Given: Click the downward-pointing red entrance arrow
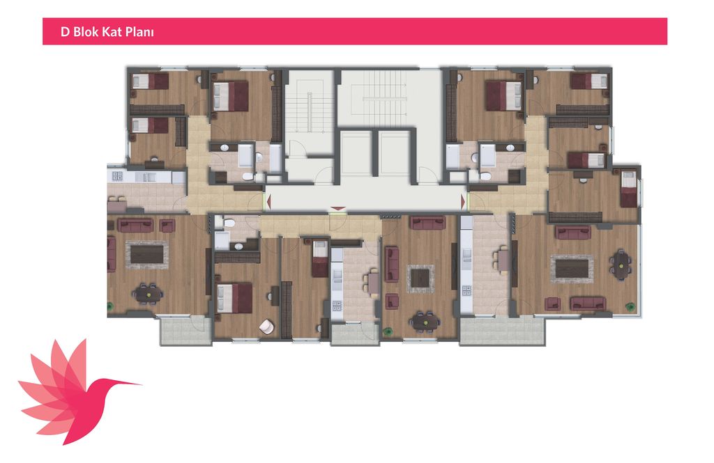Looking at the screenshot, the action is [x=337, y=209].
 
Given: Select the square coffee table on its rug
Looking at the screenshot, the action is [x=420, y=278].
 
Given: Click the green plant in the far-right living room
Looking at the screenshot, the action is [x=630, y=306].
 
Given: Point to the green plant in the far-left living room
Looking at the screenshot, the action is [x=109, y=306].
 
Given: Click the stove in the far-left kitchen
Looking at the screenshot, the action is [x=116, y=176].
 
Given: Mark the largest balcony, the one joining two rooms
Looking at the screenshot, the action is [x=503, y=330].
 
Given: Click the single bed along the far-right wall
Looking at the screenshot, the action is [x=629, y=188].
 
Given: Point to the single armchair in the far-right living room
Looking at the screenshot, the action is [x=552, y=303].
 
